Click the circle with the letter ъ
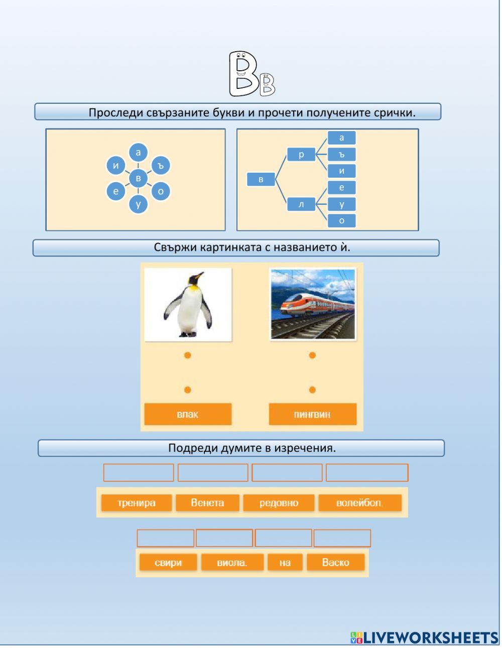point(161,165)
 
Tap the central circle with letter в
point(138,178)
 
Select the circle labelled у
point(138,204)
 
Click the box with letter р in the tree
point(301,155)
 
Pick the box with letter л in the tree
point(301,204)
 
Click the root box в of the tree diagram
point(261,179)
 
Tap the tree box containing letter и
point(341,171)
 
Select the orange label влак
point(188,415)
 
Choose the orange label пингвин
point(312,415)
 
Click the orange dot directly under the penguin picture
point(187,355)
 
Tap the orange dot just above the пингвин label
point(312,390)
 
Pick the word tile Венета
point(207,503)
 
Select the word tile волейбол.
point(359,503)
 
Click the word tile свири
point(168,563)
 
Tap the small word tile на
point(285,563)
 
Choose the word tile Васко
point(335,563)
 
